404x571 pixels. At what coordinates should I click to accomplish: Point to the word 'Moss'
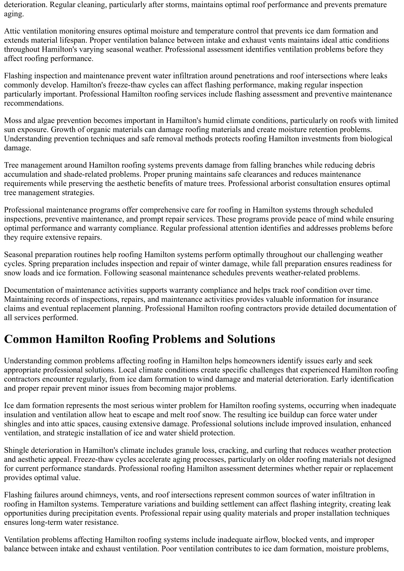[13, 120]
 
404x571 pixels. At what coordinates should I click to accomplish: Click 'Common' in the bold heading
[28, 339]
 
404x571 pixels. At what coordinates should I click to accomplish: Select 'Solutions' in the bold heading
[251, 339]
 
